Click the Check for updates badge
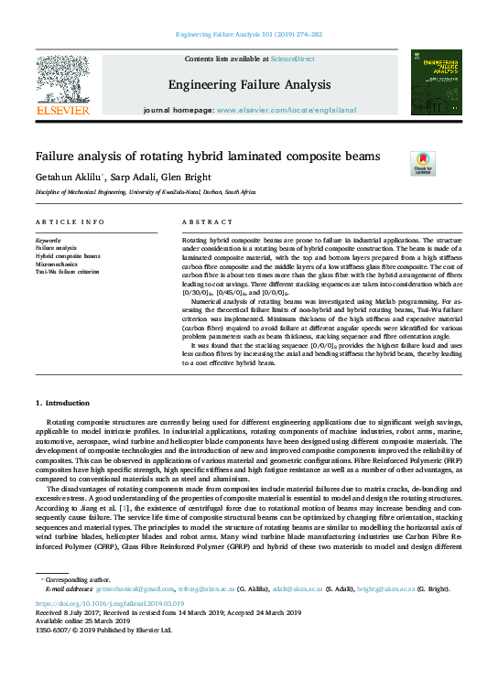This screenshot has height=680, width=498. tap(422, 163)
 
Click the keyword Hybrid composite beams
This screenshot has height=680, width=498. tap(69, 256)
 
